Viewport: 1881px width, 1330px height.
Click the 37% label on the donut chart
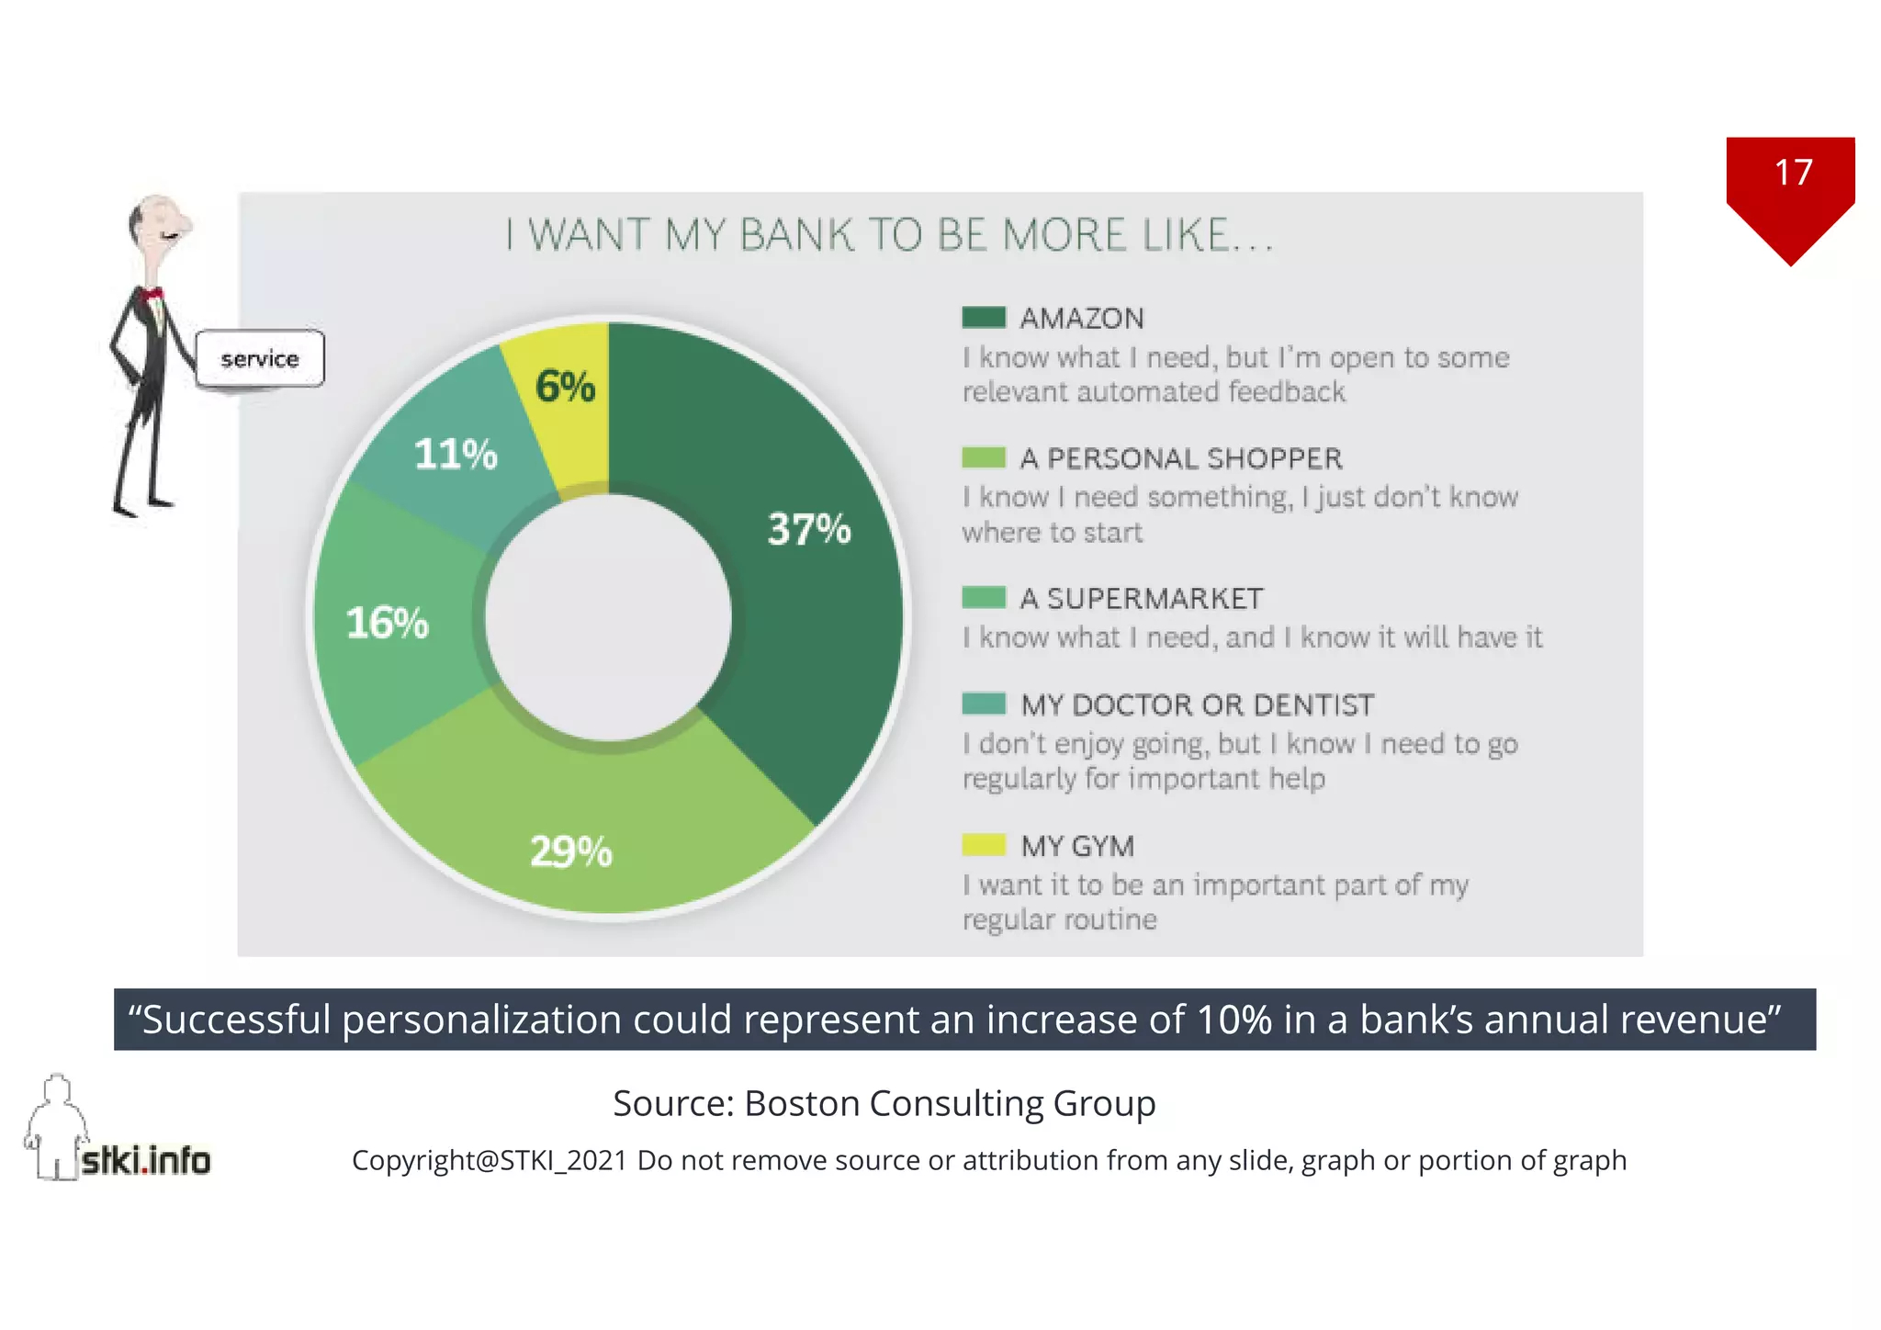click(x=809, y=529)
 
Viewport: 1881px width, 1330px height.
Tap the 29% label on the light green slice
click(x=570, y=851)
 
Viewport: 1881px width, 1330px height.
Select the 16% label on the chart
click(x=387, y=623)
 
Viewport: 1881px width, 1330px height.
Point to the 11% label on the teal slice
click(x=456, y=454)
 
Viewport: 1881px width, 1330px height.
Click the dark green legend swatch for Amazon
click(x=984, y=318)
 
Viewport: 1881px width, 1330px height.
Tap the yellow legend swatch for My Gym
click(x=984, y=844)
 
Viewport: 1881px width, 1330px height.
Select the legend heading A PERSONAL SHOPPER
click(x=1181, y=458)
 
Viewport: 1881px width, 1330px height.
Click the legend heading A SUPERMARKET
click(x=1142, y=599)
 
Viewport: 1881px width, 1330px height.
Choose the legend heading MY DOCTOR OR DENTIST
click(x=1198, y=705)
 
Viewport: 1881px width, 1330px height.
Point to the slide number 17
click(x=1793, y=173)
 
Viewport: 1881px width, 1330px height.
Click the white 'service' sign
click(x=260, y=358)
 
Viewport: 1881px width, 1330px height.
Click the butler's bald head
click(x=156, y=216)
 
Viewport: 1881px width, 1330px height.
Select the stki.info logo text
click(x=146, y=1160)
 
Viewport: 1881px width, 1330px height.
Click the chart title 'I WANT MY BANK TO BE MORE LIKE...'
click(x=889, y=235)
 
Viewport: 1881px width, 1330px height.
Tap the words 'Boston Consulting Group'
click(x=950, y=1103)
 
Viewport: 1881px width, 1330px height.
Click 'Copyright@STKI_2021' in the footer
click(x=490, y=1161)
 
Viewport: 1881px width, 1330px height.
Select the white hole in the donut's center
click(x=608, y=617)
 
